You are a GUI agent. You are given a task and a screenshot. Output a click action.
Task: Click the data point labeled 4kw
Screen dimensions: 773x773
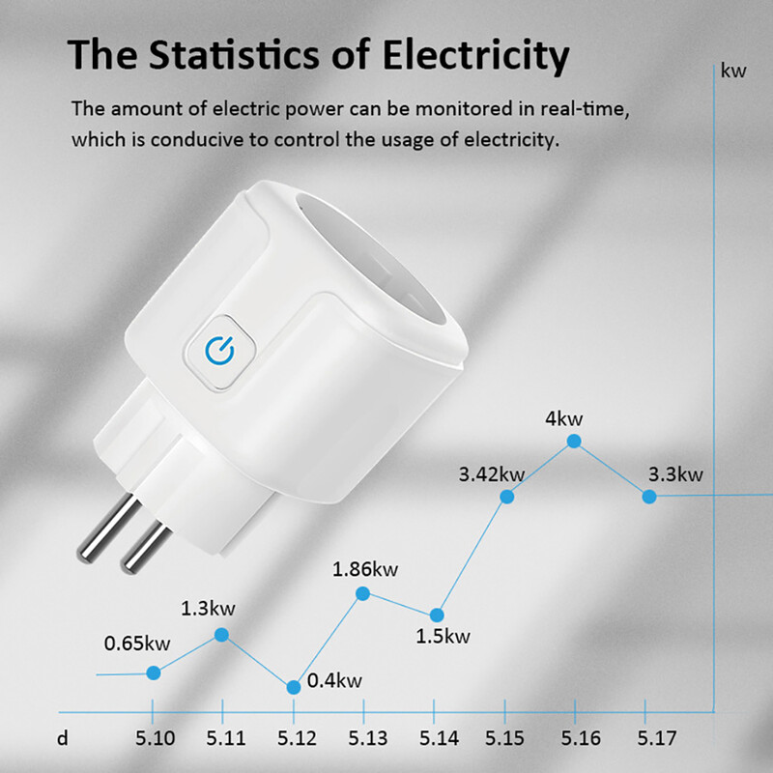pyautogui.click(x=574, y=441)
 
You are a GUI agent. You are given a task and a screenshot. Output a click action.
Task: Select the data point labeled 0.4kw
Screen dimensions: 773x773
pyautogui.click(x=294, y=687)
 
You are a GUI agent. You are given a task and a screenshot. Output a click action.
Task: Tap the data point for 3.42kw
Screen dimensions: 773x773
pyautogui.click(x=506, y=497)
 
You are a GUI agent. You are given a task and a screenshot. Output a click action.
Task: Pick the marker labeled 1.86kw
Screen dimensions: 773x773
pyautogui.click(x=363, y=593)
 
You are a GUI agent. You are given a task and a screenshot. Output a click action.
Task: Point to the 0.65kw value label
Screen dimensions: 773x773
pyautogui.click(x=137, y=644)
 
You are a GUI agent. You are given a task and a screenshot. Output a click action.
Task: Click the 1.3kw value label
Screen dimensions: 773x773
pyautogui.click(x=209, y=610)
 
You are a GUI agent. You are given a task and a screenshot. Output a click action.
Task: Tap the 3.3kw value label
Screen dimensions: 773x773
pyautogui.click(x=675, y=474)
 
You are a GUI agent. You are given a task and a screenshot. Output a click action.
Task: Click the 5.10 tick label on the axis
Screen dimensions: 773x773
pyautogui.click(x=157, y=739)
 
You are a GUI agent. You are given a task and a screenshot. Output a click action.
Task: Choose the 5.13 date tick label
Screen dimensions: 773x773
pyautogui.click(x=367, y=739)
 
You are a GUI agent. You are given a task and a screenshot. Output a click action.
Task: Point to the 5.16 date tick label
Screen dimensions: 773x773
pyautogui.click(x=580, y=739)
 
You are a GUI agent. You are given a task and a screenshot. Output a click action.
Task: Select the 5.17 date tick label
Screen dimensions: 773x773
pyautogui.click(x=657, y=739)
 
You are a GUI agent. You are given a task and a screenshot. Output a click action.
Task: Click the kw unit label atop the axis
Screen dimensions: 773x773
pyautogui.click(x=733, y=71)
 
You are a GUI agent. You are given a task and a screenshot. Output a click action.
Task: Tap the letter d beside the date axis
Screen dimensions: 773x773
pyautogui.click(x=62, y=739)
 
